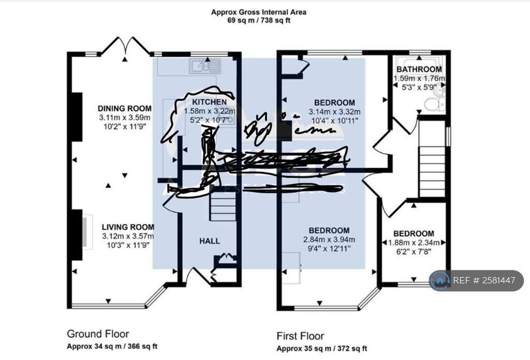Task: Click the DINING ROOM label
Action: click(x=125, y=108)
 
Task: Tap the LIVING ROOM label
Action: click(x=128, y=227)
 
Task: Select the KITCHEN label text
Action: click(x=209, y=102)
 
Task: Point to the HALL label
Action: click(x=210, y=241)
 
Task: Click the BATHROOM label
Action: click(x=419, y=69)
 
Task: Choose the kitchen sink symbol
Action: click(x=205, y=66)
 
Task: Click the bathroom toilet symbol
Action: click(x=433, y=105)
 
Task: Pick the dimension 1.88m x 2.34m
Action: click(x=414, y=242)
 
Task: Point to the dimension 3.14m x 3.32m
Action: click(x=334, y=111)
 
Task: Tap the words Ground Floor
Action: click(x=98, y=334)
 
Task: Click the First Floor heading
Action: click(x=300, y=336)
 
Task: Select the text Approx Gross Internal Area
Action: click(x=258, y=12)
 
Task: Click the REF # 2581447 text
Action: click(x=484, y=281)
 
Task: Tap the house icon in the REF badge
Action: click(x=440, y=280)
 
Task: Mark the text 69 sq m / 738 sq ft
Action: click(x=258, y=21)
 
